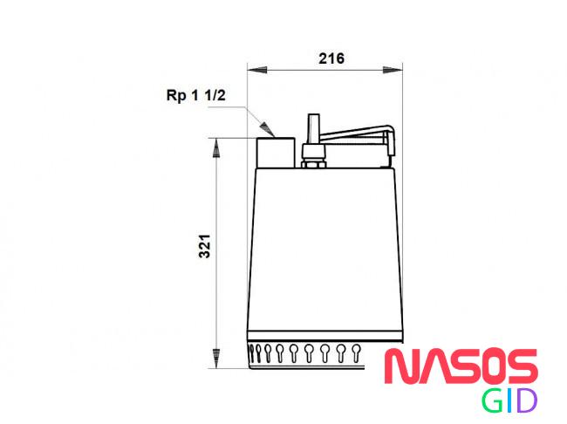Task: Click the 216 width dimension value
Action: pos(331,58)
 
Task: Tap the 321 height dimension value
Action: pos(205,246)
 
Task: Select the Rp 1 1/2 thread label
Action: pos(195,95)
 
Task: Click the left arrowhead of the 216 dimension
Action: pos(257,70)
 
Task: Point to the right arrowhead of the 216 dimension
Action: pos(393,70)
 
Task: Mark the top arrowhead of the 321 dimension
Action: pos(215,148)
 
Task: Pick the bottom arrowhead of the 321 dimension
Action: pos(215,359)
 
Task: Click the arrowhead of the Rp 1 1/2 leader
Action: pos(266,128)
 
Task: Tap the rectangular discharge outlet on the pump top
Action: pos(276,153)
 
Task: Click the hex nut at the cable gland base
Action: pos(313,165)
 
